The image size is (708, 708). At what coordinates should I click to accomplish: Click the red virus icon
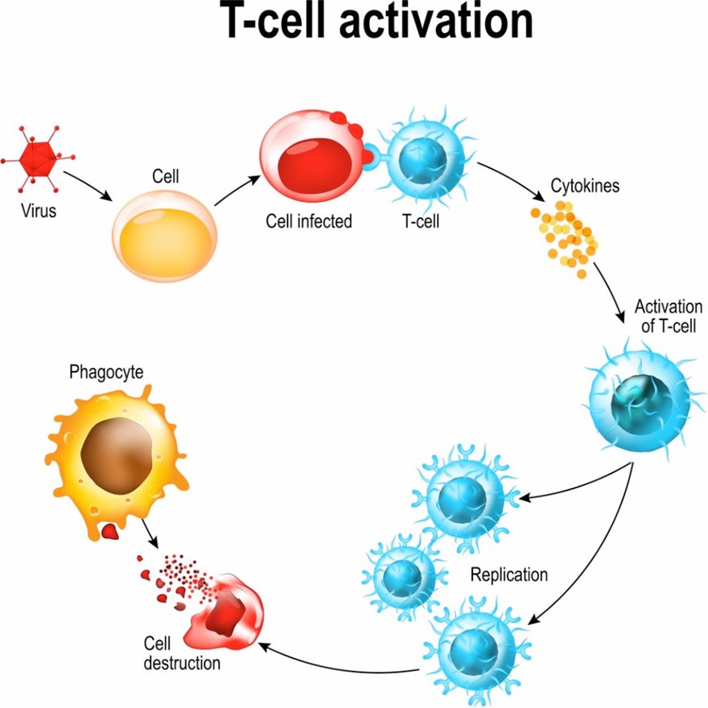(x=37, y=159)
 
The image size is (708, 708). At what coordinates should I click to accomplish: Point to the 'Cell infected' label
(x=309, y=221)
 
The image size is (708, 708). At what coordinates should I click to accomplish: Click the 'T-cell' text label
(x=421, y=221)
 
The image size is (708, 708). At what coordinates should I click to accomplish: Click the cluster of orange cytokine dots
(x=566, y=238)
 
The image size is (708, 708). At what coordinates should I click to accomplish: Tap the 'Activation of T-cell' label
(x=668, y=317)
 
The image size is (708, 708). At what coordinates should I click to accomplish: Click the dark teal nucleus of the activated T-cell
(x=638, y=398)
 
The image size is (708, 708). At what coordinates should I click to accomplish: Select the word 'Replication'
(x=509, y=575)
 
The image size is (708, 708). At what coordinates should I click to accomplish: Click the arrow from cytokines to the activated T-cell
(x=615, y=297)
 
